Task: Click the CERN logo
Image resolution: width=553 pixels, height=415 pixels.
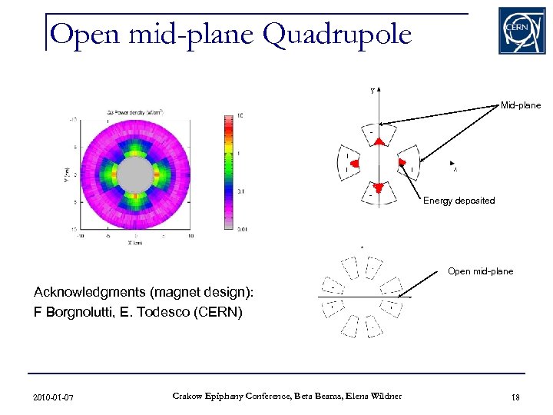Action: (x=522, y=31)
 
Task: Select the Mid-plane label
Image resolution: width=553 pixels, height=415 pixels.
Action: (x=520, y=105)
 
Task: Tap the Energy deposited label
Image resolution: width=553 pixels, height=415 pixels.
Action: (x=459, y=201)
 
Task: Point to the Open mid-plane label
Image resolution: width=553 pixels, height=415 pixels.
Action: (x=480, y=271)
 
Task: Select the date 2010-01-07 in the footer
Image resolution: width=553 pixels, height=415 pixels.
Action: (x=54, y=397)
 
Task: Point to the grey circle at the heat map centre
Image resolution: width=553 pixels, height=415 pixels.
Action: (x=136, y=174)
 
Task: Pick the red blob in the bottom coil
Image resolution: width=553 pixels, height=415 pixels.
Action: (x=377, y=186)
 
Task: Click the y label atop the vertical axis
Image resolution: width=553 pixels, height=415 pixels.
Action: (x=373, y=90)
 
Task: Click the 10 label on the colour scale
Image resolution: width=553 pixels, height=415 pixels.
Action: (x=240, y=116)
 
